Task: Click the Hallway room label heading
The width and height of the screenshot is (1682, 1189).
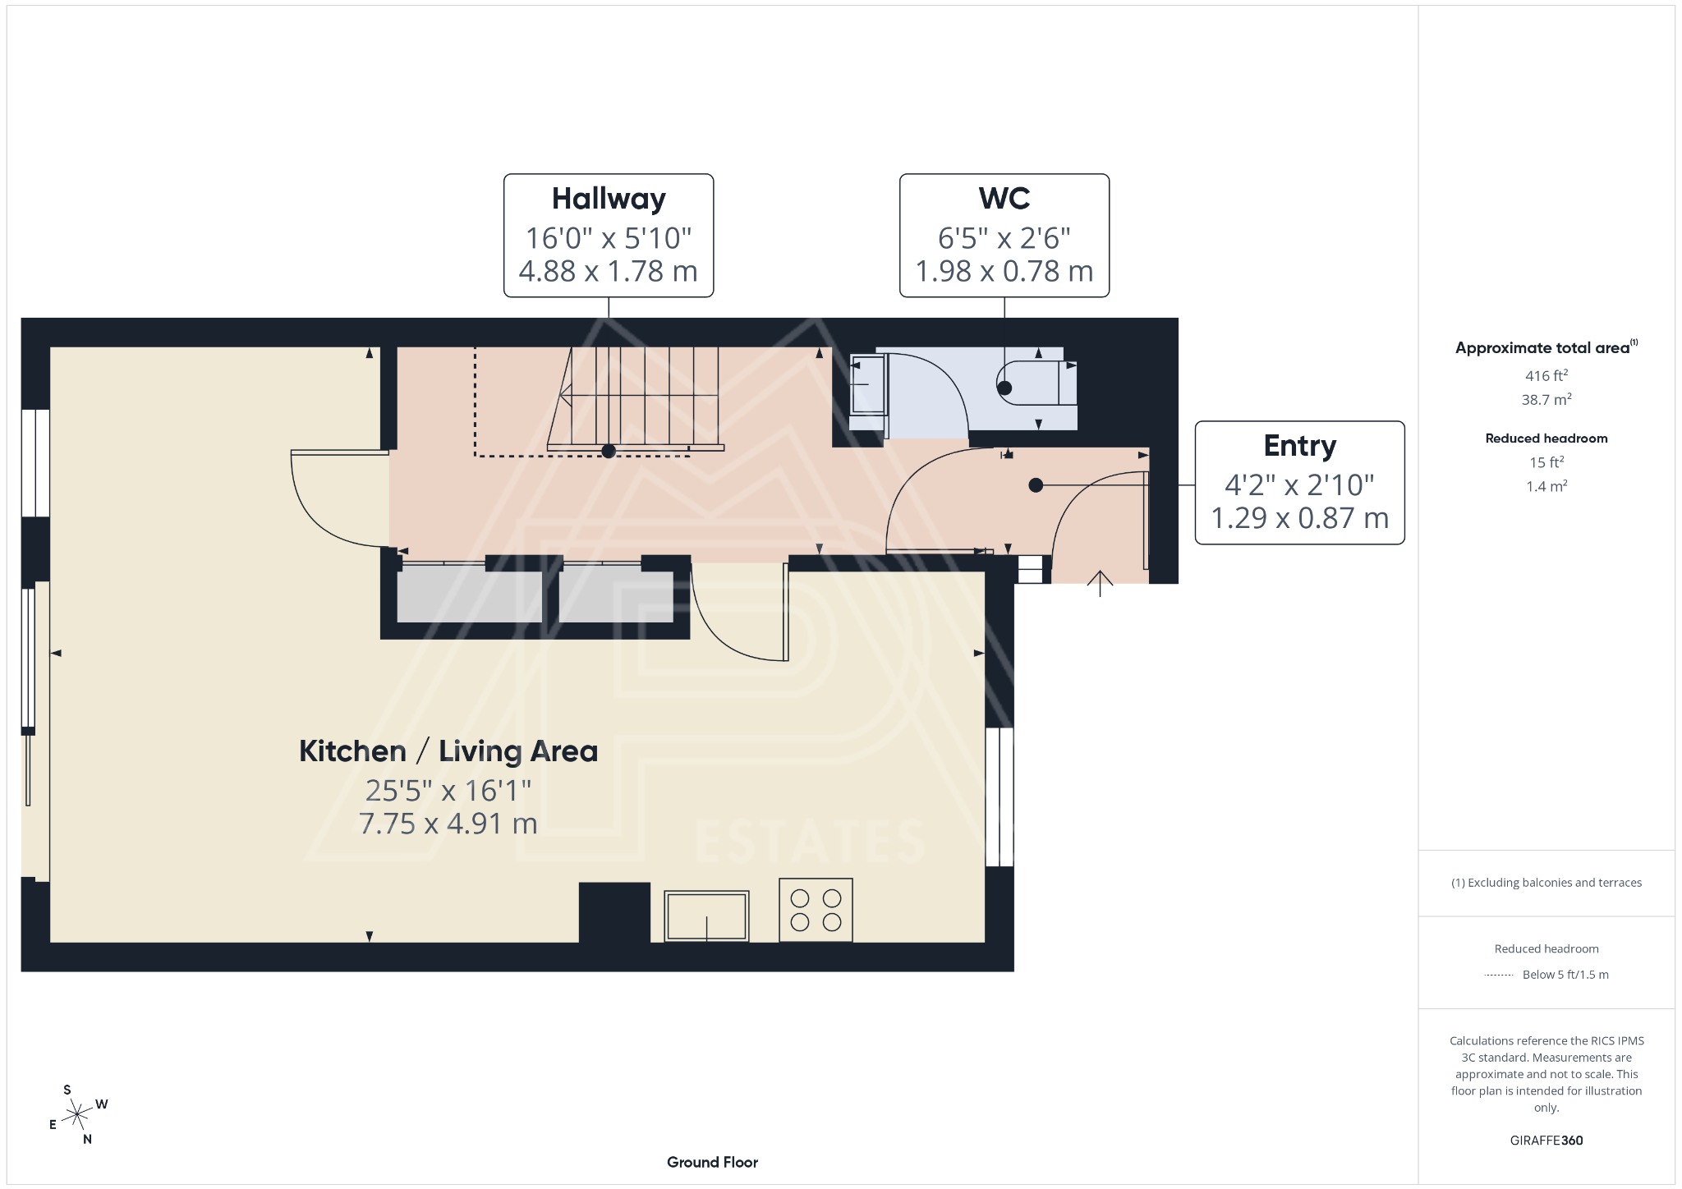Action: pos(609,199)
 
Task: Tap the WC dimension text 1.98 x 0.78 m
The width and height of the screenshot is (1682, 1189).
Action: pos(1004,271)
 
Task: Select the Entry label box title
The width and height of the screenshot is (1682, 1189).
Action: pos(1299,446)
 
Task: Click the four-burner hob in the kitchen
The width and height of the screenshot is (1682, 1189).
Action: pos(816,910)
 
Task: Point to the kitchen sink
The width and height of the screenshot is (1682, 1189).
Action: pos(706,916)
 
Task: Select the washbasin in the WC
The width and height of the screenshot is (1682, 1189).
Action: pos(867,384)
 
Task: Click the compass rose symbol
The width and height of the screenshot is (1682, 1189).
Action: pos(77,1115)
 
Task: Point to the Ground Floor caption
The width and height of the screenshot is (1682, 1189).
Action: pos(712,1162)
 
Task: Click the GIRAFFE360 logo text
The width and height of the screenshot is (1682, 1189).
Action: pos(1546,1141)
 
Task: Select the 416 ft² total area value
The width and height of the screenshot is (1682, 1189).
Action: pos(1546,376)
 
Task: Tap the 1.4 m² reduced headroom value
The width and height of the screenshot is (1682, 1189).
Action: pos(1546,486)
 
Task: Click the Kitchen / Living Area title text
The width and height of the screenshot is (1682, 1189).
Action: pos(448,751)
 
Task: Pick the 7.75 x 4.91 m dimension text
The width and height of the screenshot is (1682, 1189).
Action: pos(448,824)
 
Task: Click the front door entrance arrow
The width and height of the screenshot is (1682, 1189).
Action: pos(1100,582)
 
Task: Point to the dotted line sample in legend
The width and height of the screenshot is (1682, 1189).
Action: pos(1499,976)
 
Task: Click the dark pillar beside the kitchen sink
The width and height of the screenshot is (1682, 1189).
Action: pos(614,912)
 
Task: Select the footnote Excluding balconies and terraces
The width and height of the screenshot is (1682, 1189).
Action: pos(1546,883)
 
